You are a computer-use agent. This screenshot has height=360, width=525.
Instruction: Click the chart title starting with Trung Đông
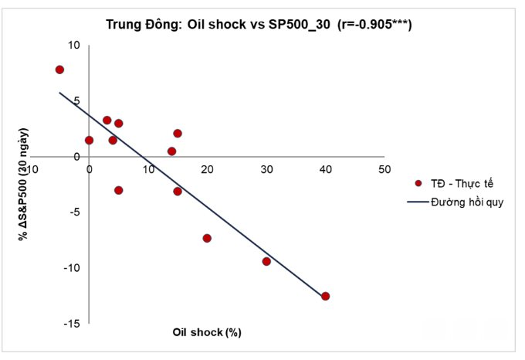[x=259, y=25]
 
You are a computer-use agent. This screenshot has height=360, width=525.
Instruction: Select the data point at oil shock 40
[x=325, y=296]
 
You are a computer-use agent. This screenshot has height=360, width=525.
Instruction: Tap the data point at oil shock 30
[x=266, y=261]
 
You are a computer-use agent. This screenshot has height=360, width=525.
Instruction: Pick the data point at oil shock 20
[x=207, y=238]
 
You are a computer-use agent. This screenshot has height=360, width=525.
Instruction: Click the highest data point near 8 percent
[x=59, y=70]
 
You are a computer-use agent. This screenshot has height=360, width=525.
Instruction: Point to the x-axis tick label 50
[x=384, y=169]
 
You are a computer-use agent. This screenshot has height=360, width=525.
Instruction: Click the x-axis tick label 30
[x=266, y=169]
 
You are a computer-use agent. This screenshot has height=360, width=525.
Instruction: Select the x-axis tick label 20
[x=207, y=169]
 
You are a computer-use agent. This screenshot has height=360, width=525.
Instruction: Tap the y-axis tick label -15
[x=71, y=324]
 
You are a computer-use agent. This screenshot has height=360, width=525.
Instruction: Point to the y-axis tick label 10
[x=74, y=46]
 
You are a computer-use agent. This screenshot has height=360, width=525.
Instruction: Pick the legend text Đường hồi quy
[x=468, y=203]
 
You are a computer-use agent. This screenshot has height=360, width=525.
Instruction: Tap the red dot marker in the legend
[x=418, y=184]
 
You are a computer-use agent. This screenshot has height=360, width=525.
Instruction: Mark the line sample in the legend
[x=418, y=203]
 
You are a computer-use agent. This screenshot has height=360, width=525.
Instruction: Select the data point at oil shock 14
[x=171, y=151]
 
